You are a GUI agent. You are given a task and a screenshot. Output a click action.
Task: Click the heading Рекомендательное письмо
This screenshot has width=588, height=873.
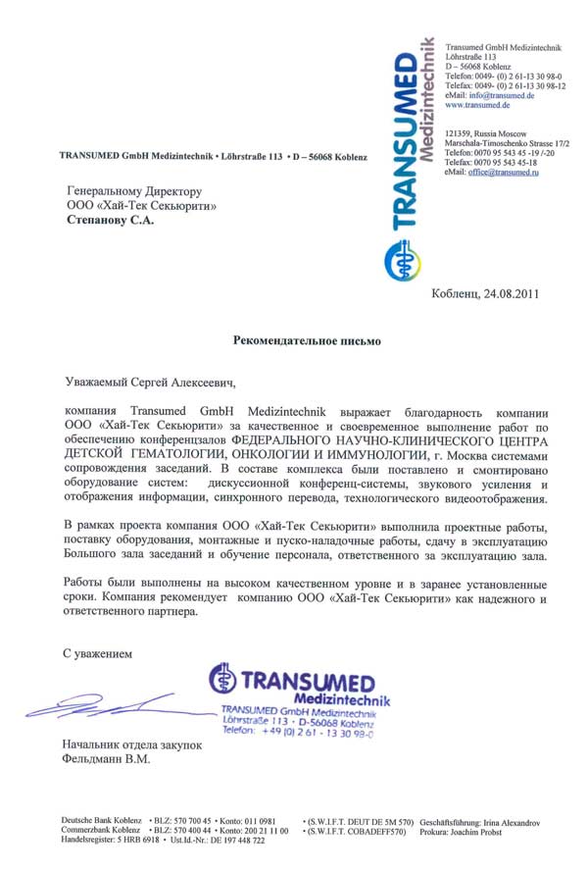[306, 341]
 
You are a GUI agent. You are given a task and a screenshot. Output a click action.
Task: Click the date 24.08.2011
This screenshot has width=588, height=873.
[511, 293]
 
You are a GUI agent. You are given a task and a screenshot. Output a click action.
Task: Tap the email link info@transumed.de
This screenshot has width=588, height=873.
[501, 95]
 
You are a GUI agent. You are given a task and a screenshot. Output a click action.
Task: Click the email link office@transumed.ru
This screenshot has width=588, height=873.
[503, 172]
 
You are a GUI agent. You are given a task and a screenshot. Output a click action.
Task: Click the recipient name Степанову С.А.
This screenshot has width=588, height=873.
[110, 221]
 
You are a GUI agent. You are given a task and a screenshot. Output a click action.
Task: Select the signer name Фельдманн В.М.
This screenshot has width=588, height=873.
[107, 759]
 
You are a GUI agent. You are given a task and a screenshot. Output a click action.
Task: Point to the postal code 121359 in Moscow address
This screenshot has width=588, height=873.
[459, 133]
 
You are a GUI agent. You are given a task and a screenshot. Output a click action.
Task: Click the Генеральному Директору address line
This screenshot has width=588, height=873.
[133, 190]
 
